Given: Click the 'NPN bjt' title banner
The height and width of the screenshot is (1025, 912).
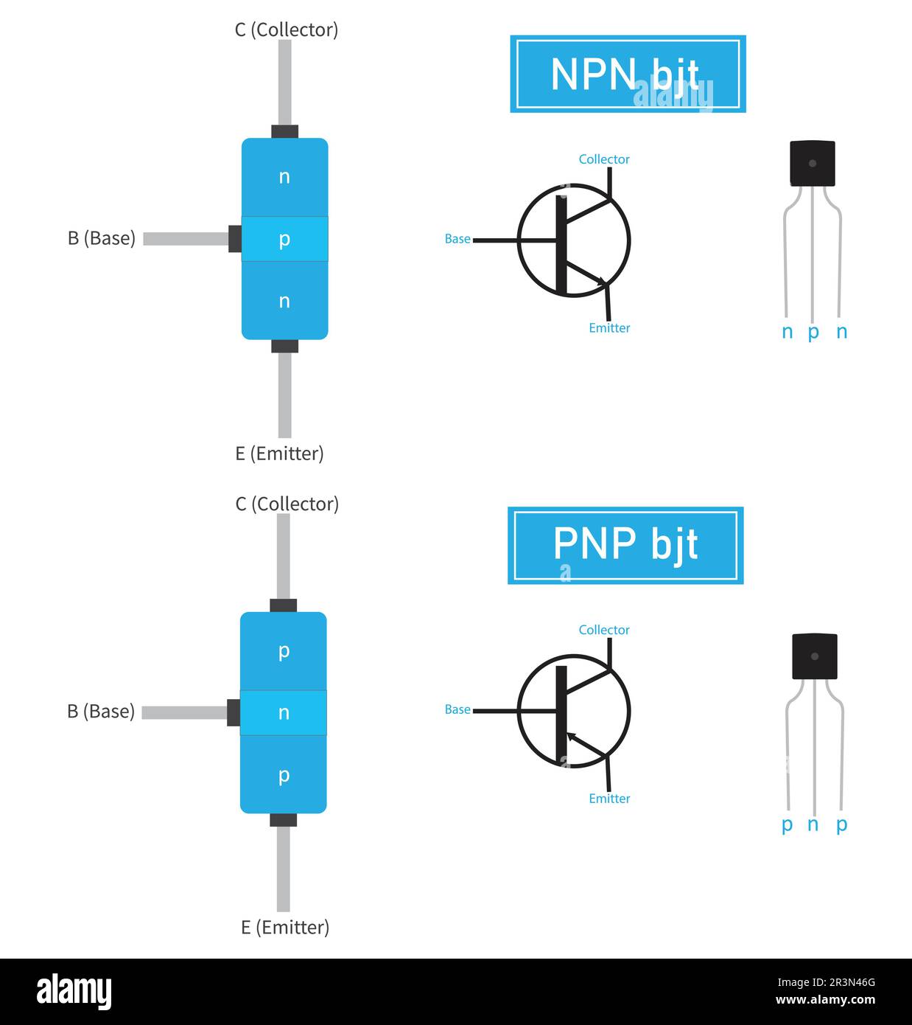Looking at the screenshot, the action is click(x=628, y=74).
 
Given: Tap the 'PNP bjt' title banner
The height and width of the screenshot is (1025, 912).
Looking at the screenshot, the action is click(x=625, y=545).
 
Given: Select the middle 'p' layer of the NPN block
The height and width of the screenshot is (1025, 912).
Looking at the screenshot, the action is click(x=284, y=239).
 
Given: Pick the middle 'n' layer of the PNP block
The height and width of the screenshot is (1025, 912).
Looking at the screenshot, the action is click(x=283, y=712).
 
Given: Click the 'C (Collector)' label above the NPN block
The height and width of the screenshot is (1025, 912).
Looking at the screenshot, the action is click(x=286, y=29).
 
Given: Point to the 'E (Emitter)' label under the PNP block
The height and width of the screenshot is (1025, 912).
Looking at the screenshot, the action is click(x=285, y=927).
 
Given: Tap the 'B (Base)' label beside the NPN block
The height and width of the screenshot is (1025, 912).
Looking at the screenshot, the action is click(x=102, y=238).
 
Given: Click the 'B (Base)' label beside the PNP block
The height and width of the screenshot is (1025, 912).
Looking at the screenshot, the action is click(x=101, y=711).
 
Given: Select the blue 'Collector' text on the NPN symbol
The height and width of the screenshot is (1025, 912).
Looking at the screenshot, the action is click(x=604, y=159).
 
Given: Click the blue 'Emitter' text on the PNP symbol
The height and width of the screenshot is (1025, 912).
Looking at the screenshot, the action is click(x=609, y=799).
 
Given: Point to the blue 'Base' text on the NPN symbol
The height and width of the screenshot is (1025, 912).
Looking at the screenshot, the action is click(x=457, y=239).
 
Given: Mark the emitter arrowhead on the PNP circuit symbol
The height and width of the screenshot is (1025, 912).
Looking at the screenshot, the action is click(x=572, y=737).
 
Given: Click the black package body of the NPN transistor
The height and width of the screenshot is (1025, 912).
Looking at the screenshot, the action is click(x=813, y=163).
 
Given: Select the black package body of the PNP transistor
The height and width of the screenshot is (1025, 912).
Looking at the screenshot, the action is click(x=814, y=656).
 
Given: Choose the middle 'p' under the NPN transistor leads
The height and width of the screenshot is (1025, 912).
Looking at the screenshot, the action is click(x=813, y=333).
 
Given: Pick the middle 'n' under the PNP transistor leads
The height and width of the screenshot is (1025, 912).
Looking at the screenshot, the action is click(x=813, y=824).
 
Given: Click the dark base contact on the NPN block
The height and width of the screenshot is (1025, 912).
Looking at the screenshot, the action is click(x=235, y=239).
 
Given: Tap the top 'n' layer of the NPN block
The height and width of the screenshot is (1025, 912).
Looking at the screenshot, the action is click(x=284, y=177).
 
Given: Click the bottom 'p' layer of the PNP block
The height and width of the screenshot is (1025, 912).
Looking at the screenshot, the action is click(x=283, y=776).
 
